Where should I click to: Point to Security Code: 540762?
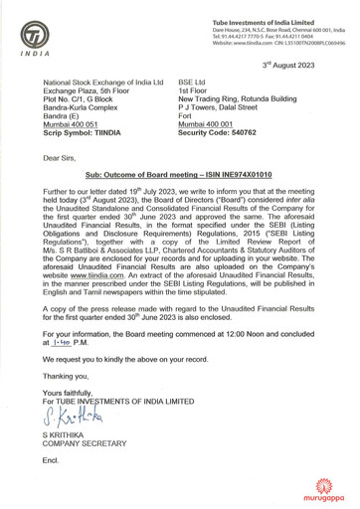[x=223, y=132]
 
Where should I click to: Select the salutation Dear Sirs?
[x=60, y=157]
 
